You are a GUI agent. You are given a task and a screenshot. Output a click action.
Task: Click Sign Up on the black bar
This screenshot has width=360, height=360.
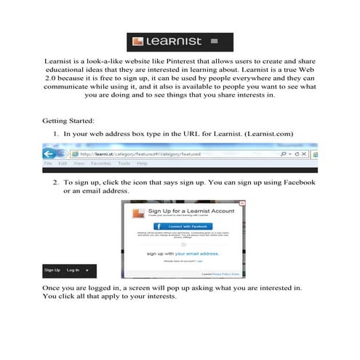click(x=52, y=270)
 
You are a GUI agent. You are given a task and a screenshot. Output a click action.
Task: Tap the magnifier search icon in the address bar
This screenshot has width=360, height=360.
click(x=283, y=154)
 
